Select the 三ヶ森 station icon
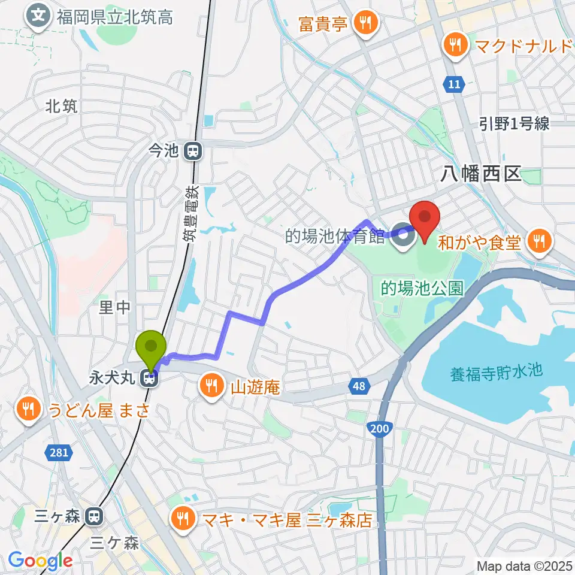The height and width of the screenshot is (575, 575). pyautogui.click(x=94, y=516)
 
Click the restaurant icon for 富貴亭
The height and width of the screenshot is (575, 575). pyautogui.click(x=364, y=24)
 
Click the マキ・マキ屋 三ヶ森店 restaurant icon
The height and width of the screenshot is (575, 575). pyautogui.click(x=181, y=518)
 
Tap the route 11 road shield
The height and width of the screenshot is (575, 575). pyautogui.click(x=455, y=85)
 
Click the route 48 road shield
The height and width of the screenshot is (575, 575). pyautogui.click(x=358, y=387)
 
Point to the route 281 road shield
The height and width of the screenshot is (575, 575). pyautogui.click(x=59, y=453)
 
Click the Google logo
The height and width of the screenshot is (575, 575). pyautogui.click(x=40, y=561)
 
